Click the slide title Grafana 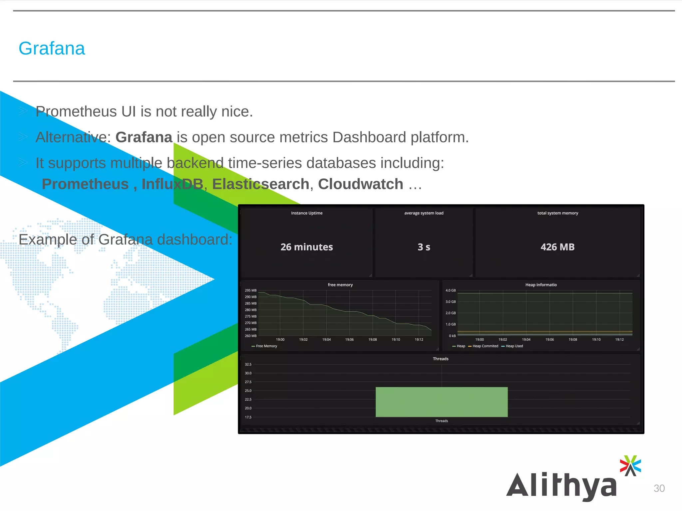tap(52, 49)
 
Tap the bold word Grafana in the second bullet tap(144, 137)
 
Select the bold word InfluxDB tap(172, 184)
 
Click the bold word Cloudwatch tap(360, 184)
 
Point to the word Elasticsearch tap(261, 184)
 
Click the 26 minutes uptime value tap(306, 247)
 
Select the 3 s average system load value tap(424, 247)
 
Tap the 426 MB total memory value tap(557, 247)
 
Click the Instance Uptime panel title tap(306, 213)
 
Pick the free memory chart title tap(340, 285)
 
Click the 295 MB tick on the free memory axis tap(250, 290)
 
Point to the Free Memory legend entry tap(266, 346)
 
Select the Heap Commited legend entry tap(485, 346)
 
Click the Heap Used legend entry tap(514, 346)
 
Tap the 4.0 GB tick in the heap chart tap(450, 290)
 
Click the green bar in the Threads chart tap(441, 402)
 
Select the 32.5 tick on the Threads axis tap(248, 365)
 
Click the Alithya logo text tap(561, 485)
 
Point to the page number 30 tap(659, 488)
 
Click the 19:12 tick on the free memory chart tap(419, 340)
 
